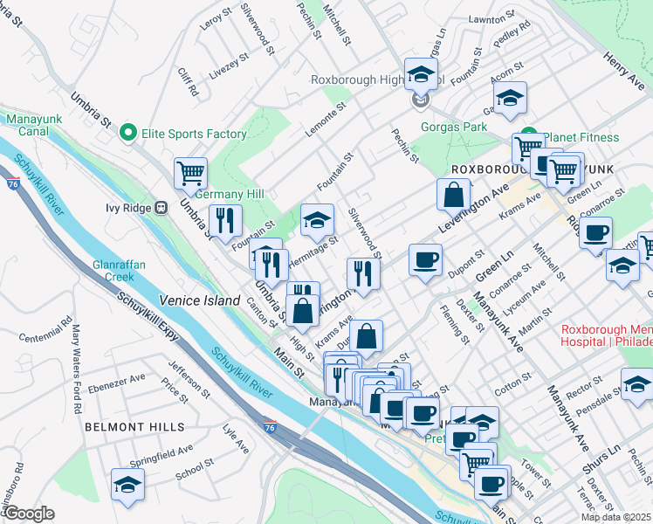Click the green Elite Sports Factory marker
click(x=128, y=134)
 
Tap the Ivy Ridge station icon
click(x=161, y=208)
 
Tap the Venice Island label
click(x=199, y=300)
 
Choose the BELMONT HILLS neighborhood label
click(x=134, y=426)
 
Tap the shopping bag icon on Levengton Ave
click(x=454, y=195)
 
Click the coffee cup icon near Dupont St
click(x=425, y=260)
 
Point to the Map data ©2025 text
click(x=615, y=517)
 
